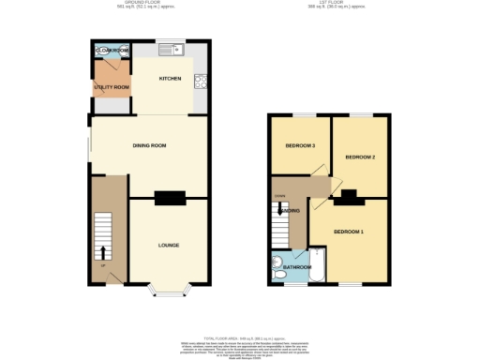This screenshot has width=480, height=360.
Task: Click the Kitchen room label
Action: click(x=170, y=78)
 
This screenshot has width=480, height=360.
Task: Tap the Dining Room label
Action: click(x=149, y=146)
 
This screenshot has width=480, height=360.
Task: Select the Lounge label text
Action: click(x=169, y=245)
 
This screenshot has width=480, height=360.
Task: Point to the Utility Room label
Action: click(x=112, y=86)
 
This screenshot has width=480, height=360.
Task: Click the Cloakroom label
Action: click(x=112, y=49)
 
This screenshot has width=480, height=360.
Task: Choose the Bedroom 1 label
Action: click(x=350, y=231)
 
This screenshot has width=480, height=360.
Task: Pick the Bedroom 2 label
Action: click(x=360, y=157)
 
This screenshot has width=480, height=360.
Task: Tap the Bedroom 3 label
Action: click(x=300, y=146)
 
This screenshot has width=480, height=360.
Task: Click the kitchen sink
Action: click(x=172, y=49)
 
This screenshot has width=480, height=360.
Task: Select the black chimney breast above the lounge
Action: click(x=169, y=198)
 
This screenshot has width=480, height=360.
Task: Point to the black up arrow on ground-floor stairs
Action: click(x=102, y=251)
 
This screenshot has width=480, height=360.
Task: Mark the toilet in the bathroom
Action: click(x=278, y=262)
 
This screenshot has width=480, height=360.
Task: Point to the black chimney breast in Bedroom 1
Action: click(x=349, y=197)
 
